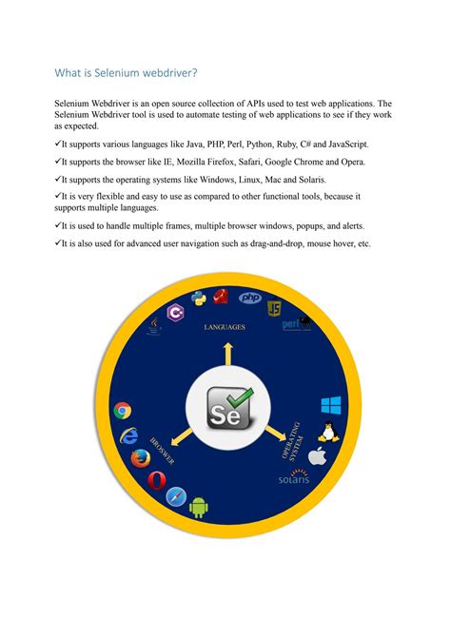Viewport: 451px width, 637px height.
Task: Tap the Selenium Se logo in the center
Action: (x=225, y=410)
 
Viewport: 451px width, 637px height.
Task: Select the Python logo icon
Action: (x=200, y=299)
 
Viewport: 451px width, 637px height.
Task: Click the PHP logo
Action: (x=250, y=298)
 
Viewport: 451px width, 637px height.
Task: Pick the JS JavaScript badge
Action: (x=274, y=307)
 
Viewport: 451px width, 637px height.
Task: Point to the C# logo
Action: (x=175, y=312)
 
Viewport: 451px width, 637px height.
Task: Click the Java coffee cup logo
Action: (x=153, y=327)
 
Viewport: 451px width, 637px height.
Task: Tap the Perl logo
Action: (x=296, y=324)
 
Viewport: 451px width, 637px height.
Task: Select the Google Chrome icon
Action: (x=122, y=411)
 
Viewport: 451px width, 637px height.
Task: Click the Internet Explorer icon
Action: (x=127, y=437)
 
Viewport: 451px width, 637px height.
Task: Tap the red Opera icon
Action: (x=156, y=480)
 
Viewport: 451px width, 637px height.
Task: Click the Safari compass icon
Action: (x=176, y=496)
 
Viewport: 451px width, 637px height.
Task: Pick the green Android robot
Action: (x=199, y=507)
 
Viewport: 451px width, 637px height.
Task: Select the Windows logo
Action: (x=331, y=406)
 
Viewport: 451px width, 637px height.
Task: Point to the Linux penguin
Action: (x=327, y=433)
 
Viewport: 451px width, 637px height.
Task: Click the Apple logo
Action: (x=317, y=456)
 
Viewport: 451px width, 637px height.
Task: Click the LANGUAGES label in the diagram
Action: (x=225, y=326)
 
